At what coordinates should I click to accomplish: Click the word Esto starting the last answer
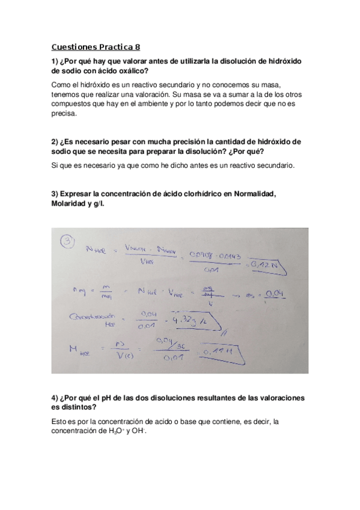coord(59,422)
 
